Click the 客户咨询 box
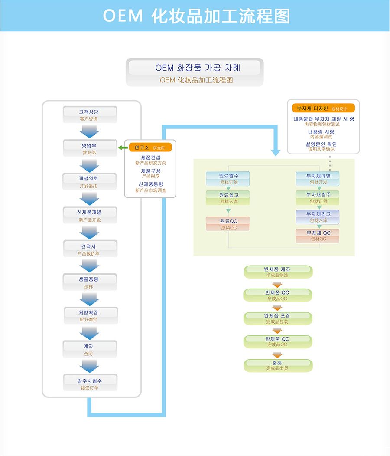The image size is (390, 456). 90,115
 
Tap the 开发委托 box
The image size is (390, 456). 90,182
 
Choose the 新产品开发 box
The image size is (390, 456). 90,216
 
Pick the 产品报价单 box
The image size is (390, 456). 90,249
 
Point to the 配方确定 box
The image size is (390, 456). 90,316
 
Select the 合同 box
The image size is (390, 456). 90,350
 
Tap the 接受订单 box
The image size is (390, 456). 90,384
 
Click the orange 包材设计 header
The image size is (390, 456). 323,108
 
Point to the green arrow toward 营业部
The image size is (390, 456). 123,148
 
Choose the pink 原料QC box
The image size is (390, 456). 228,224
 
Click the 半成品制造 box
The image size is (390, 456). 277,272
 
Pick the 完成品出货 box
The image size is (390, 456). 277,365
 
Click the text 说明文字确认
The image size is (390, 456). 322,149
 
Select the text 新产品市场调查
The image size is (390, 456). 150,190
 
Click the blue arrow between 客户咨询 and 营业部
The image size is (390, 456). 90,131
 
